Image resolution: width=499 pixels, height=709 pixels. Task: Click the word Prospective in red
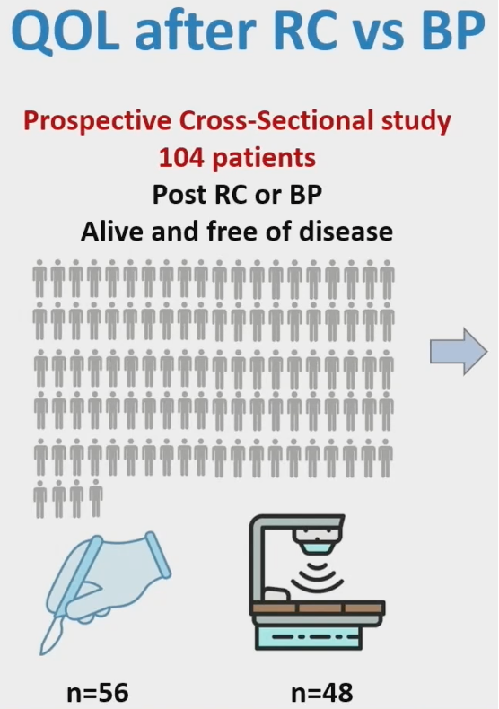[x=97, y=122]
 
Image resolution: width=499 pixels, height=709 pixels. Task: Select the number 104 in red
[x=181, y=158]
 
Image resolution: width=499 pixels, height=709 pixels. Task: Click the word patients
[x=264, y=159]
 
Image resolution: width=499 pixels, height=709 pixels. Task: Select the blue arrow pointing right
[x=459, y=352]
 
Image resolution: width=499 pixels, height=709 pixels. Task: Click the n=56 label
[x=98, y=692]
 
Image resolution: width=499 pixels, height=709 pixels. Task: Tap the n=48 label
[x=322, y=692]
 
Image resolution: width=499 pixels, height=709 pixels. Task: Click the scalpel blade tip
[x=42, y=652]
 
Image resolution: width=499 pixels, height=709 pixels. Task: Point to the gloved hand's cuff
[x=158, y=556]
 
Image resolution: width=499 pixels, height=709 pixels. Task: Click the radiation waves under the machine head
[x=317, y=575]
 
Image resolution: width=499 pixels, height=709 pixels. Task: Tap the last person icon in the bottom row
[x=95, y=498]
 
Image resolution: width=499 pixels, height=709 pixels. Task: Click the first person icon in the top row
[x=39, y=278]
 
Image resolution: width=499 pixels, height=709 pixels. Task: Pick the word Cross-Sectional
[x=276, y=121]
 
